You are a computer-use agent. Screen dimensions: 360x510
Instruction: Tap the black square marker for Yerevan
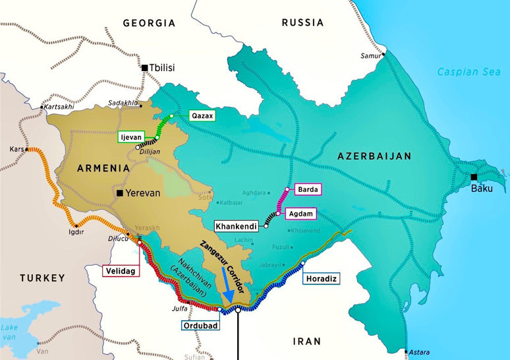119,193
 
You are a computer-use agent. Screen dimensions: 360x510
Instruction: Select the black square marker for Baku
474,177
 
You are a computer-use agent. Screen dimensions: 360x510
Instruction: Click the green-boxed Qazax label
202,115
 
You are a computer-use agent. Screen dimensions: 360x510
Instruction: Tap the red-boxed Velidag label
121,270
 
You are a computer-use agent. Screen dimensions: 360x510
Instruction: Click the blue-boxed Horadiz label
321,279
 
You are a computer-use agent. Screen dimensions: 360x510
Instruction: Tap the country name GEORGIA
149,23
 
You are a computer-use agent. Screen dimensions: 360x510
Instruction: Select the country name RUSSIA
302,22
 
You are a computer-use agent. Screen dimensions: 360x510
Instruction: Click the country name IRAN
307,341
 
